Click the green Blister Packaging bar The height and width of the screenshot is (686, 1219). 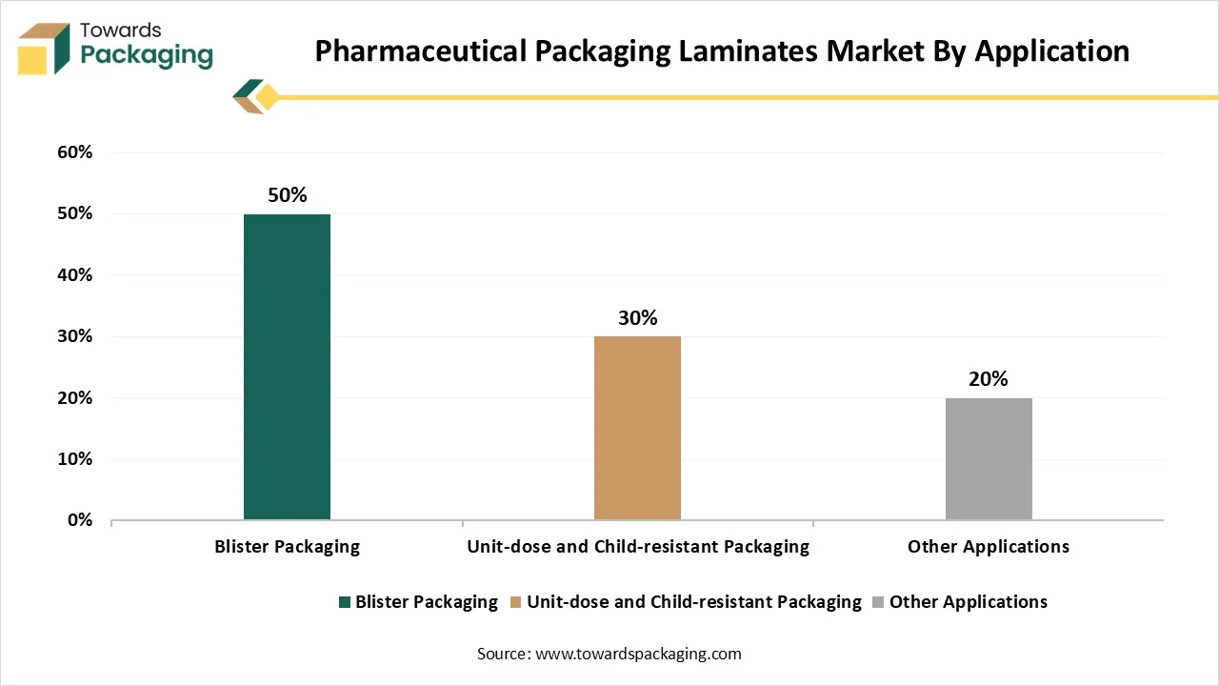[287, 367]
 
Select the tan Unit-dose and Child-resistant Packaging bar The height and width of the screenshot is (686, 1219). [637, 428]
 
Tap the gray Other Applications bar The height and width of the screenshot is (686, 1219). [989, 458]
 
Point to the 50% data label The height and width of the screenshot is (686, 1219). [287, 195]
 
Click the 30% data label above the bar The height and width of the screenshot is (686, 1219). [637, 318]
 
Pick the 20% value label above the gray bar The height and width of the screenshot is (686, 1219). [989, 379]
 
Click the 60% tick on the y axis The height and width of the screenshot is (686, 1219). [74, 152]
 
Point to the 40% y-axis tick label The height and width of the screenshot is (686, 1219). [74, 275]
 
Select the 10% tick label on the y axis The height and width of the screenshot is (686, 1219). [74, 459]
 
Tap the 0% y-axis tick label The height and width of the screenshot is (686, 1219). [79, 520]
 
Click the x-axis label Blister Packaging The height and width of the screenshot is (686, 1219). [287, 547]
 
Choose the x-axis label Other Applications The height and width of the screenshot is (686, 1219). [989, 547]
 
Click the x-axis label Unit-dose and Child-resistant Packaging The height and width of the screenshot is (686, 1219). [637, 547]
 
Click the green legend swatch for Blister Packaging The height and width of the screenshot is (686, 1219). [345, 602]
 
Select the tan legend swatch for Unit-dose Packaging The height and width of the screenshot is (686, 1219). [516, 602]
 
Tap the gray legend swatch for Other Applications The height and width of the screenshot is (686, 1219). [879, 602]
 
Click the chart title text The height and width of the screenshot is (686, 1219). [722, 50]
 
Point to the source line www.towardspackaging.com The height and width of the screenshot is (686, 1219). [609, 654]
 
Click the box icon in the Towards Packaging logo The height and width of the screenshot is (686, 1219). [45, 50]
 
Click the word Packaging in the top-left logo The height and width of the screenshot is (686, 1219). [147, 55]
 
